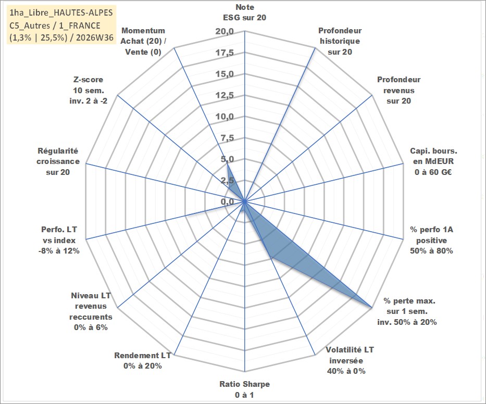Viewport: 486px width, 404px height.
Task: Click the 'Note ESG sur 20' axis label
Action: [x=244, y=12]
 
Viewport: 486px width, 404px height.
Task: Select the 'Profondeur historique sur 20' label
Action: [x=340, y=41]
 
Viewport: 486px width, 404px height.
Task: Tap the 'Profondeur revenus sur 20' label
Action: [x=398, y=90]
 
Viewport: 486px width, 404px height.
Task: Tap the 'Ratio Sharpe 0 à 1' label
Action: [x=244, y=389]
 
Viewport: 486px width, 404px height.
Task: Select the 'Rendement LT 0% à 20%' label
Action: [x=143, y=361]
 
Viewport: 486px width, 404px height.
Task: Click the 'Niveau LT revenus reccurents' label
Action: [x=91, y=311]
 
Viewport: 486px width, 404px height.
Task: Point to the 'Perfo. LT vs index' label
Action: [x=59, y=240]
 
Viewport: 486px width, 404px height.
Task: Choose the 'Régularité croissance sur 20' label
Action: [x=58, y=161]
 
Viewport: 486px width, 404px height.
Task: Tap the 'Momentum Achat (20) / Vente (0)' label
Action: [x=143, y=41]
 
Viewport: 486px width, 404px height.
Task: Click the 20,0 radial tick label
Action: [x=225, y=32]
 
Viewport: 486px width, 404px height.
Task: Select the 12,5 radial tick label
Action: [x=225, y=95]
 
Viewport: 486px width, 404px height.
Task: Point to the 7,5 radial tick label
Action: [x=227, y=138]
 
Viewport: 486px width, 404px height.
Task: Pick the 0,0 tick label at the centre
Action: [x=227, y=201]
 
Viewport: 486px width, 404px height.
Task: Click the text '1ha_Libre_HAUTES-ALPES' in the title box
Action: [x=61, y=12]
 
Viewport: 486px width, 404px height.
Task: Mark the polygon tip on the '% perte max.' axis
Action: [x=371, y=308]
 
